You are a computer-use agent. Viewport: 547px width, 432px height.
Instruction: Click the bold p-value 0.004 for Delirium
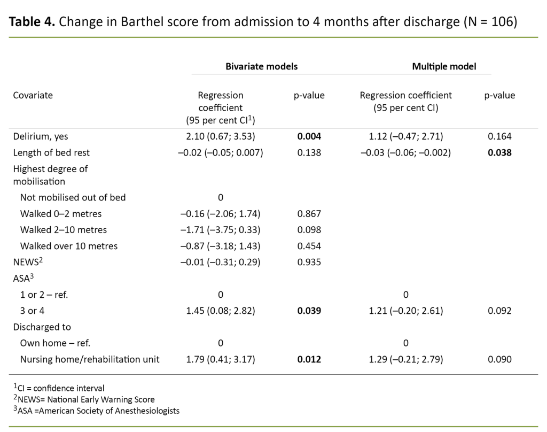309,136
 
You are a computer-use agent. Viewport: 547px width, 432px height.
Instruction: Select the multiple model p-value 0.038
499,152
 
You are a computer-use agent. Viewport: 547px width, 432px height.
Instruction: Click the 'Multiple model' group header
444,66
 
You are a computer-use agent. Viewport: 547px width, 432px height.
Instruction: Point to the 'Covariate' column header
33,95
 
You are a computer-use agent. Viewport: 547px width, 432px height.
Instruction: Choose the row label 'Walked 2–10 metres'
64,230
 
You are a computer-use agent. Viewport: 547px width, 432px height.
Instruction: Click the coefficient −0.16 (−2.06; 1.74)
221,214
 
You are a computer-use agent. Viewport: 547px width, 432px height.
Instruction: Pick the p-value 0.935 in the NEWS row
309,262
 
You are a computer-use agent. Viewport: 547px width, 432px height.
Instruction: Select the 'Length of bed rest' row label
51,152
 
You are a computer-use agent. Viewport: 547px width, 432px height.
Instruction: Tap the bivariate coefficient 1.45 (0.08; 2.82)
221,311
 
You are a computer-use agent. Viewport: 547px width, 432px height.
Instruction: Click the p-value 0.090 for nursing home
499,359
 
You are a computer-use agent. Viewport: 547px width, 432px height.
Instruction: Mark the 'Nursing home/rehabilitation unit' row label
90,359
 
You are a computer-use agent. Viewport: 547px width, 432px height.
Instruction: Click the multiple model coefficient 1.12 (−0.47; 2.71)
405,136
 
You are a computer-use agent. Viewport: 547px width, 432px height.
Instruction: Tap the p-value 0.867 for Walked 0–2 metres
309,214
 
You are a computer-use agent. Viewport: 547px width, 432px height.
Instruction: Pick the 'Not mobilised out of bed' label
73,197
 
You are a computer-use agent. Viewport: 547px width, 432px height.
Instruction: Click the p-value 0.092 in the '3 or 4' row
499,311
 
